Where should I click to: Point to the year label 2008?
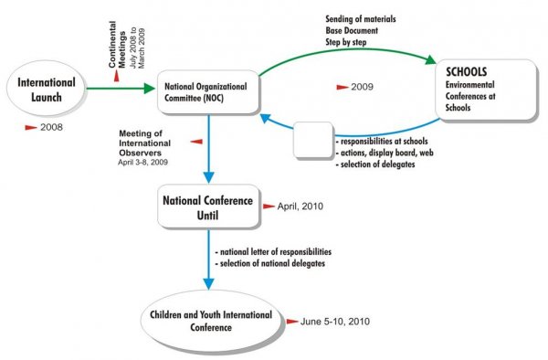(x=51, y=129)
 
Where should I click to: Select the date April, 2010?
(x=298, y=206)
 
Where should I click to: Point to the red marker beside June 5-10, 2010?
(x=293, y=322)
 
